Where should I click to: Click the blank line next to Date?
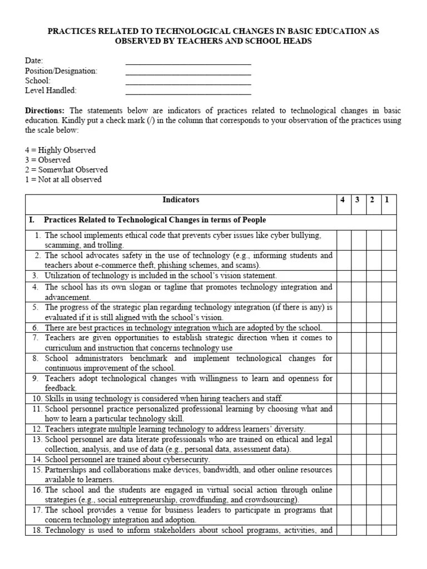[x=188, y=63]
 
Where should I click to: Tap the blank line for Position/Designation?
[x=188, y=73]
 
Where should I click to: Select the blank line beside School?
[x=188, y=83]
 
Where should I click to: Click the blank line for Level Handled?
[x=188, y=93]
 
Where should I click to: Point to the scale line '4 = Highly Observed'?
[x=60, y=150]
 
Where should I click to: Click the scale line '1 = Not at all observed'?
[x=63, y=179]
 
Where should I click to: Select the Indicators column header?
[x=181, y=200]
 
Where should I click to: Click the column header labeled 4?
[x=343, y=200]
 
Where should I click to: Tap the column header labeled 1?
[x=388, y=200]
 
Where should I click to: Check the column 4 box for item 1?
[x=343, y=240]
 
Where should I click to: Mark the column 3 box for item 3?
[x=359, y=276]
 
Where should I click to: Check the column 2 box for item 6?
[x=374, y=328]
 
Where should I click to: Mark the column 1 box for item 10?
[x=388, y=398]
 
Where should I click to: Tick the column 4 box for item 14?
[x=343, y=460]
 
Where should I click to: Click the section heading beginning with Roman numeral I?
[x=147, y=220]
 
